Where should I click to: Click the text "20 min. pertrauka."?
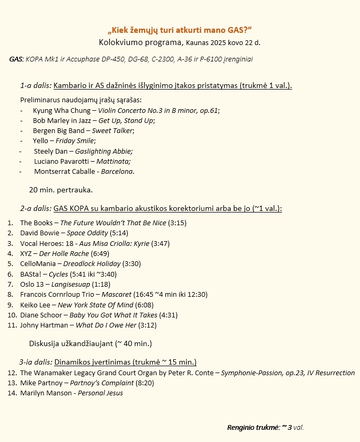click(61, 190)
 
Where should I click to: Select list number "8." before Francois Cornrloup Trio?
click(11, 294)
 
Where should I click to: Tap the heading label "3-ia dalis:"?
click(36, 363)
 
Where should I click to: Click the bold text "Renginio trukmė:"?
click(252, 427)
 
